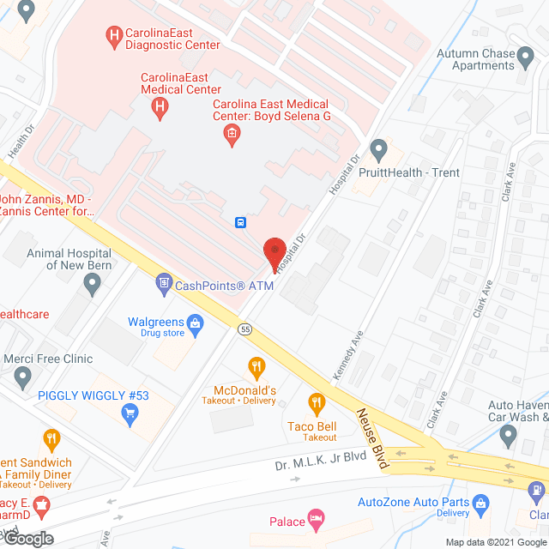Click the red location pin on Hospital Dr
tap(274, 250)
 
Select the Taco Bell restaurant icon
tap(317, 401)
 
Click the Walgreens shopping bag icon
tap(196, 323)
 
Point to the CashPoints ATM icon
tap(163, 282)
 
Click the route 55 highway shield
tap(245, 328)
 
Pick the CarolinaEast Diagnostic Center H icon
tap(112, 35)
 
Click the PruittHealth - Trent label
tap(415, 172)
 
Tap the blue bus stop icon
tap(242, 223)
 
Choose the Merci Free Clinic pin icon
tap(23, 376)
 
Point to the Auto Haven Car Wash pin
tap(508, 437)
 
